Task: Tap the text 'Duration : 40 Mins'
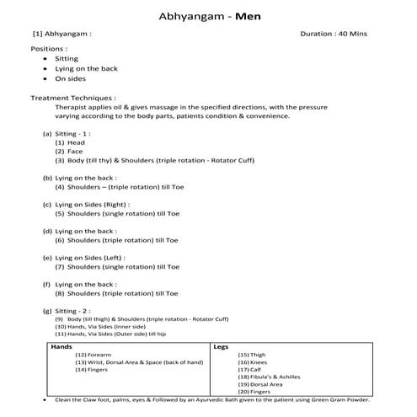pyautogui.click(x=334, y=34)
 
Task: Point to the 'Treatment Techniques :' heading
pyautogui.click(x=73, y=99)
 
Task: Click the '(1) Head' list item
pyautogui.click(x=71, y=142)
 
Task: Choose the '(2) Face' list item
pyautogui.click(x=70, y=152)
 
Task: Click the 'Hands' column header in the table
pyautogui.click(x=61, y=346)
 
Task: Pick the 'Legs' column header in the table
pyautogui.click(x=221, y=346)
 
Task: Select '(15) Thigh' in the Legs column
pyautogui.click(x=254, y=355)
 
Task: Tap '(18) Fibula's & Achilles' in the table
pyautogui.click(x=270, y=377)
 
